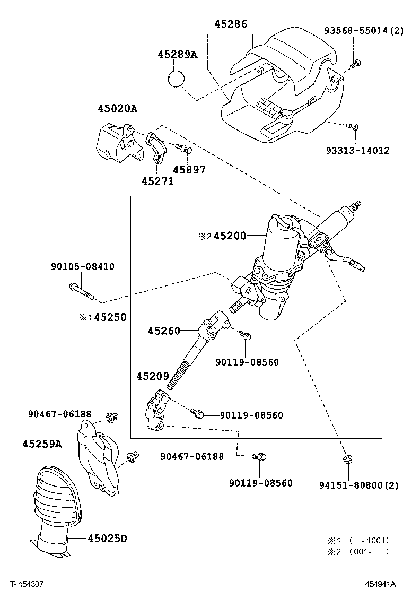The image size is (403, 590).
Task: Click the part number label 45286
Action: (x=231, y=24)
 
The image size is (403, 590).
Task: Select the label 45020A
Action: (x=117, y=109)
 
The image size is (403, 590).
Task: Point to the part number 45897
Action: (x=189, y=170)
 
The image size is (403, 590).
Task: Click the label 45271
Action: (x=157, y=181)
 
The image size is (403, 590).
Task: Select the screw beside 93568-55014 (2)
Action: (x=355, y=64)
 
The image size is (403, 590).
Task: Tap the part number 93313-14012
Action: (x=357, y=151)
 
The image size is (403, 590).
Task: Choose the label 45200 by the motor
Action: (x=230, y=236)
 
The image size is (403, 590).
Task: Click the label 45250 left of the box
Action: (x=110, y=317)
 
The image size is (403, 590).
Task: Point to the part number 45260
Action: (x=164, y=331)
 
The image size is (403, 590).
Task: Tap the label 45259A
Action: (x=42, y=444)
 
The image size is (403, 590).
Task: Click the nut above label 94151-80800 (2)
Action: (x=348, y=459)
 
